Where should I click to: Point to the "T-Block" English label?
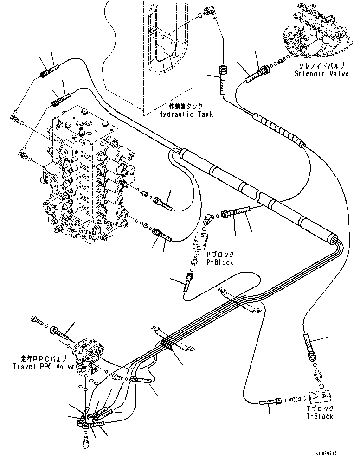321,416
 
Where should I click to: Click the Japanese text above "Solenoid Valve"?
321,66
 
